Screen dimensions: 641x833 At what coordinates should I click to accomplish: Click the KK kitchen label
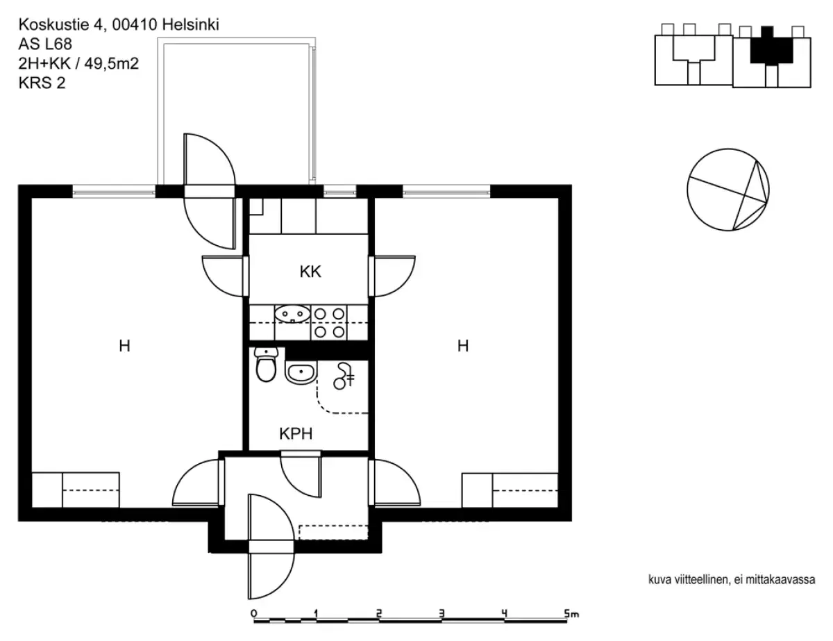point(310,272)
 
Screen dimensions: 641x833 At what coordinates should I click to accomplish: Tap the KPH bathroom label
point(296,434)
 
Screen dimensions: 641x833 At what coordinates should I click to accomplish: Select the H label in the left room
point(124,345)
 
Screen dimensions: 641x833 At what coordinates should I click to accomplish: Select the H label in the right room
point(463,345)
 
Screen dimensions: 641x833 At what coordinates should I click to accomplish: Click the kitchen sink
point(292,315)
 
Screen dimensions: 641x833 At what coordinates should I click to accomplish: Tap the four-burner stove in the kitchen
point(329,323)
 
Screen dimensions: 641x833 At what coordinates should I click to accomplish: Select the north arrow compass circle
point(728,190)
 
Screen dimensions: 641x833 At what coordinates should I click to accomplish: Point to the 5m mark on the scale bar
point(571,613)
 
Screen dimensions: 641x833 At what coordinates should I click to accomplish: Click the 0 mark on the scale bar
point(254,613)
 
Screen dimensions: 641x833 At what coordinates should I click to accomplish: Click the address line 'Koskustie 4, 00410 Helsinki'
point(119,25)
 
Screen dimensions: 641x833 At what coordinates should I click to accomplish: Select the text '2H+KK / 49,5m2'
point(78,64)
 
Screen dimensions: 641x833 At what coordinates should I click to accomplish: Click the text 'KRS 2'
point(42,83)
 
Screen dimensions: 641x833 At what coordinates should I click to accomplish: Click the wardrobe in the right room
point(510,490)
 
